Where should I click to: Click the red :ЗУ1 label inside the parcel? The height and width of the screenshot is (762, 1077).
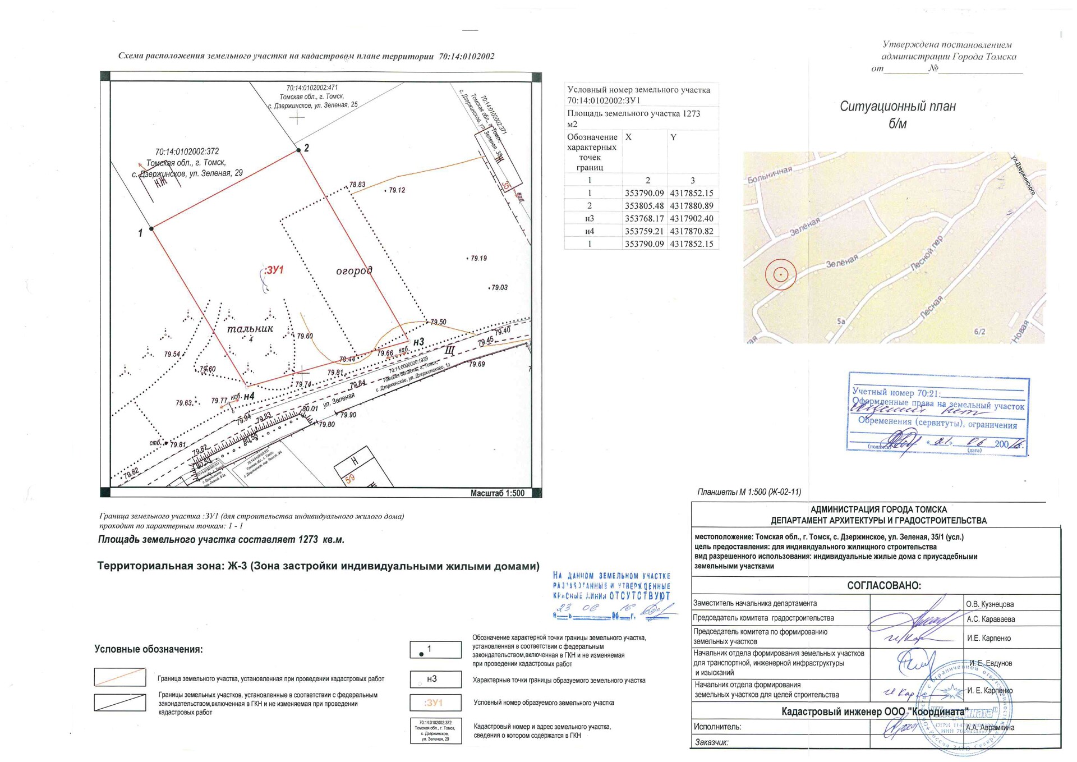274,270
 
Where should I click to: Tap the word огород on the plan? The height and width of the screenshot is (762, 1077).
354,271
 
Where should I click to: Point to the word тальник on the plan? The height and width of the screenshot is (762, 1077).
250,329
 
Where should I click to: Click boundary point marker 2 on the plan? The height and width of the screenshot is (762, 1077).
299,150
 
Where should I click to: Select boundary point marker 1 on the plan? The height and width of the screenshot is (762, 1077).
151,228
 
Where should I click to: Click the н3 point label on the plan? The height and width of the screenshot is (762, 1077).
418,342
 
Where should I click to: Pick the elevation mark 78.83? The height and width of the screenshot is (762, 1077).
357,184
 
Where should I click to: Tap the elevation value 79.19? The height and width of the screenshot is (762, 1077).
478,258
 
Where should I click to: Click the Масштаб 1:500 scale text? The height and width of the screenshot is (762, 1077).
497,493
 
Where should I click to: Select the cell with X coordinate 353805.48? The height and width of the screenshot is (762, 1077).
644,206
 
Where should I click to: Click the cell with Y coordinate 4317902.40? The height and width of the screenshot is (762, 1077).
692,218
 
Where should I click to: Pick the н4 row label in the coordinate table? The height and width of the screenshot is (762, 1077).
590,231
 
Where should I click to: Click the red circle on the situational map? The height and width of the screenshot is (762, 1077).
780,274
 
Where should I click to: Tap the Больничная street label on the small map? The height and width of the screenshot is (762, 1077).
770,175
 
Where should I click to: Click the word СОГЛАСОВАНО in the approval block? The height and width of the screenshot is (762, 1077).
883,586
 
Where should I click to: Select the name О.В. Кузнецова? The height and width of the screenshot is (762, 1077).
989,604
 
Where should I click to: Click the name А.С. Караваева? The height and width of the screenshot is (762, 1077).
991,619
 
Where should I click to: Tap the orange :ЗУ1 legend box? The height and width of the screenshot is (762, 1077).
435,703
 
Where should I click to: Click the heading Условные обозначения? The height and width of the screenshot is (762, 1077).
149,649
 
